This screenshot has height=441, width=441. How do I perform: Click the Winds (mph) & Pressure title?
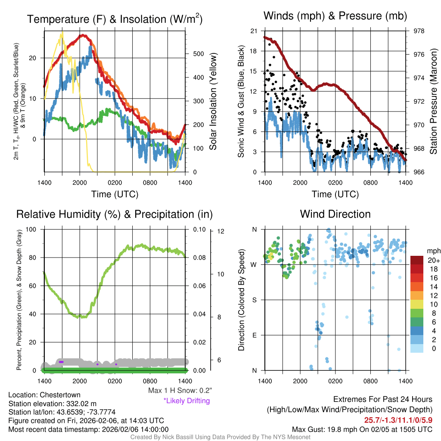click(x=335, y=16)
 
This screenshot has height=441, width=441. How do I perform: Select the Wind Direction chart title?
click(x=335, y=214)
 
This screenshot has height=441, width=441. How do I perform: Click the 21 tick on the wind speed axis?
click(x=254, y=31)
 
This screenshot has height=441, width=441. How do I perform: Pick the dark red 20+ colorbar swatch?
click(x=418, y=260)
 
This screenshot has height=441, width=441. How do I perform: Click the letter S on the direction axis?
click(x=254, y=300)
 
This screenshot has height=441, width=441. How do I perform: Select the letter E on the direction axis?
click(x=254, y=335)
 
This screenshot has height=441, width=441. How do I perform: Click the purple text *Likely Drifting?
click(x=186, y=401)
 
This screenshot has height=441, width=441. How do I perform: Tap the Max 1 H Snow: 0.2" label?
click(x=180, y=391)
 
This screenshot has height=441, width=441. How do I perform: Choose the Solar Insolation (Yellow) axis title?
click(x=213, y=102)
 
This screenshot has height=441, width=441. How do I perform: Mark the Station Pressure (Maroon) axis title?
click(x=433, y=102)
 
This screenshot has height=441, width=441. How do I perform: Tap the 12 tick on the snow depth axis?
click(x=221, y=232)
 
